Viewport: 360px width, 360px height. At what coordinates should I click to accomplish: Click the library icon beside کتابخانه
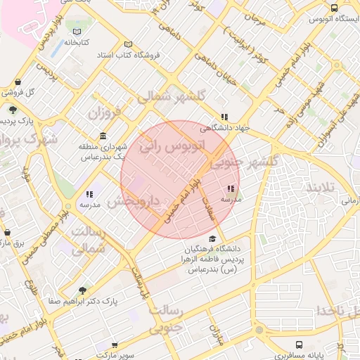tap(77, 32)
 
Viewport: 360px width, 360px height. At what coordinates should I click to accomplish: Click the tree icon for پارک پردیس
tap(13, 110)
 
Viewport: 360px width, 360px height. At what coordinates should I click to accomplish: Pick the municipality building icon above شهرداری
tap(103, 136)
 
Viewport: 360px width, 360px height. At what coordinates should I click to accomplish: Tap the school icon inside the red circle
tap(231, 188)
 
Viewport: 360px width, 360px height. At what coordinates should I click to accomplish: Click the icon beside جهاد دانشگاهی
tap(224, 117)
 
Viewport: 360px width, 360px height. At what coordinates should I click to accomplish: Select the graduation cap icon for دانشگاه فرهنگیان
tap(212, 239)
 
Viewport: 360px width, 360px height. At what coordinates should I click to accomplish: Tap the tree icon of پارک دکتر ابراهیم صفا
tap(83, 290)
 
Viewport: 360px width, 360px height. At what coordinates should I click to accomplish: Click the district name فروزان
tap(106, 111)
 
